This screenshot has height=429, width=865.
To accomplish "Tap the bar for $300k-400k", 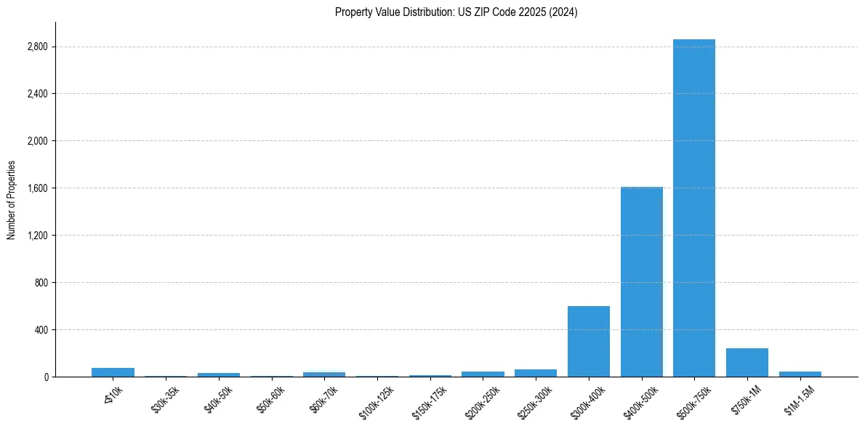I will click(x=589, y=342).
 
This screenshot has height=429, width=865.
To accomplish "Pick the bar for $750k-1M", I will click(x=747, y=363).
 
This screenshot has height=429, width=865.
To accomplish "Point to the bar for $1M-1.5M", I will click(x=800, y=374).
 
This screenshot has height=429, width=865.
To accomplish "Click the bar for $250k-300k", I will click(x=536, y=373).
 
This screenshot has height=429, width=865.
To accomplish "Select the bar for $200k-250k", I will click(x=483, y=374).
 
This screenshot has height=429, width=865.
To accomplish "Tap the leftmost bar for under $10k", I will click(x=113, y=372).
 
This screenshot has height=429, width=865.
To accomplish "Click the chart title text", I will click(x=456, y=12).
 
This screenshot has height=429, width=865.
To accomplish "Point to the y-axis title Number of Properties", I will click(x=11, y=199).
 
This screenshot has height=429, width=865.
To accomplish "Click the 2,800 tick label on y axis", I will click(x=36, y=47).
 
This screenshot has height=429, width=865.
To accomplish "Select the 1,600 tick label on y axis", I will click(x=36, y=188).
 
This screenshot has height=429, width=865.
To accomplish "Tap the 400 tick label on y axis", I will click(x=40, y=330).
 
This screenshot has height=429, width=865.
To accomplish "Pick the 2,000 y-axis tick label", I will click(x=36, y=141).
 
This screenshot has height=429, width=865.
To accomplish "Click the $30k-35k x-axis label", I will click(x=166, y=399).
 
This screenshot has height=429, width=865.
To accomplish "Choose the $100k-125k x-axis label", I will click(x=376, y=401).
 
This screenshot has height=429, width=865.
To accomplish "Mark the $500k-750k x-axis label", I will click(x=693, y=401).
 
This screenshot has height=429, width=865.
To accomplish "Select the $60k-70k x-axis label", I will click(x=324, y=399).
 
